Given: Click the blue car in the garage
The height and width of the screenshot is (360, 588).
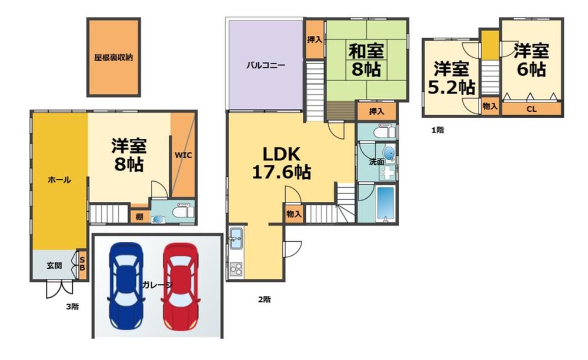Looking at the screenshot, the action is pos(126,286).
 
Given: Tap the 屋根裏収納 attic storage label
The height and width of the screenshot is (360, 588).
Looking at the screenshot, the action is pos(113,58).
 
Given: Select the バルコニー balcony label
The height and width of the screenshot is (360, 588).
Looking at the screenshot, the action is pos(266,65).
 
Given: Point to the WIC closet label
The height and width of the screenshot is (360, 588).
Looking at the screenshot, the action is pos(183,155).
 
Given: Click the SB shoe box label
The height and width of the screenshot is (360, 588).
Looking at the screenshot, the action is pos(82,263).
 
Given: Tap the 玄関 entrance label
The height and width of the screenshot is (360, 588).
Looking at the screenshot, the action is pos(54,265).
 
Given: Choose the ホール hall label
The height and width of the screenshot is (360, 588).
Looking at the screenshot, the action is pos(59,180).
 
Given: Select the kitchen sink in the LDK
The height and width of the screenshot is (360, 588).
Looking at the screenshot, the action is pos(236,238).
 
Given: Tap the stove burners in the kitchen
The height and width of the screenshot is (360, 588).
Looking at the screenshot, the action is pos(236,269).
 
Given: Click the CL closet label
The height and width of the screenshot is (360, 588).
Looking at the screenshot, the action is pos(532,109).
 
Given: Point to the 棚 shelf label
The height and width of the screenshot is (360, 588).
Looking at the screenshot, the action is pos(139,216).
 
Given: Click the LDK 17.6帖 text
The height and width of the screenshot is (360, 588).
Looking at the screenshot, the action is pos(281,163).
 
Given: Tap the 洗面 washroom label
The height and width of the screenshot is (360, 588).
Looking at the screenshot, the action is pos(376,162).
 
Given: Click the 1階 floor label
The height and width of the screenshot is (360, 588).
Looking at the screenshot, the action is pos(437,131).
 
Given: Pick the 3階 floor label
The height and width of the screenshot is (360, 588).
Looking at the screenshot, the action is pos(72,306).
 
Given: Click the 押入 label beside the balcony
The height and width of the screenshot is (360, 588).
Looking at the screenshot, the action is pos(315,39).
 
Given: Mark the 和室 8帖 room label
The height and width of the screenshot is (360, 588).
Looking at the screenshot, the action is pos(366,60).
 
